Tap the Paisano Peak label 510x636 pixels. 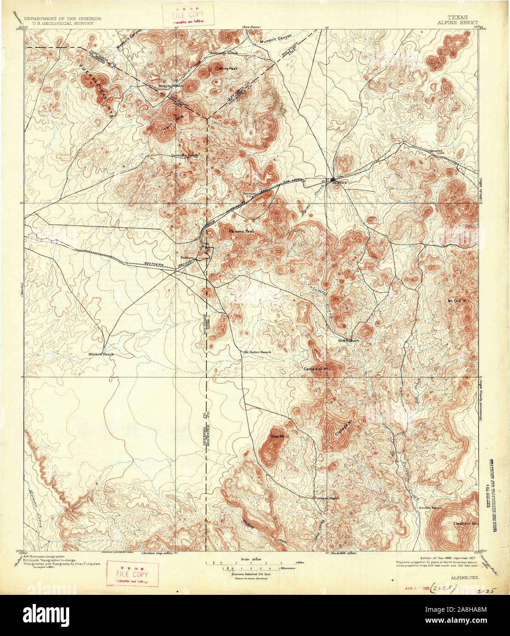pos(241,232)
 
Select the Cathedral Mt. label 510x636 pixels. pos(317,368)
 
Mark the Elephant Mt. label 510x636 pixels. pos(465,523)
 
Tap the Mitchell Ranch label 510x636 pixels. pos(101,354)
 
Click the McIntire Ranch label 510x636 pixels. pos(258,352)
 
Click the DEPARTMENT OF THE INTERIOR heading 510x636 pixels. pos(62,19)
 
